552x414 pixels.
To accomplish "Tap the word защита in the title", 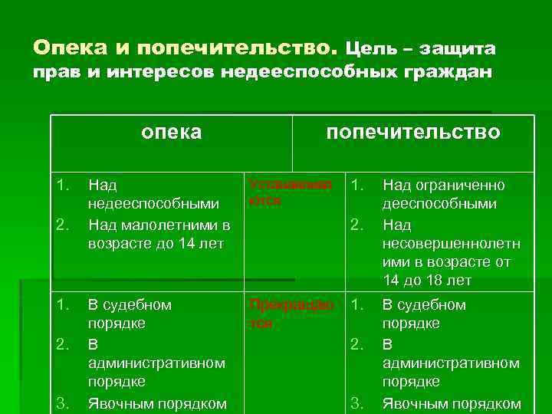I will tap(458, 48).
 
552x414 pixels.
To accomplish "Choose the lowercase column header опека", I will tap(172, 132).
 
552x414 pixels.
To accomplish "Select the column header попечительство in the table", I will tap(413, 132).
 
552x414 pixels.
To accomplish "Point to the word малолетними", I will tap(169, 225).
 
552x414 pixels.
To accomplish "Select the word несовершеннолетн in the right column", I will tap(451, 244).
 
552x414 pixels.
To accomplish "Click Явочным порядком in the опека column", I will tap(156, 403).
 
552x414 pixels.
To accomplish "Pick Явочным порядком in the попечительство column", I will tap(451, 403).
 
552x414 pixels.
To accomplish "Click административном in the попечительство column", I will tap(451, 363).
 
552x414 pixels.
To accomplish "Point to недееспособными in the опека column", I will tap(153, 205).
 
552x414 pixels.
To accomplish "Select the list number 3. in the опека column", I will tap(64, 403).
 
